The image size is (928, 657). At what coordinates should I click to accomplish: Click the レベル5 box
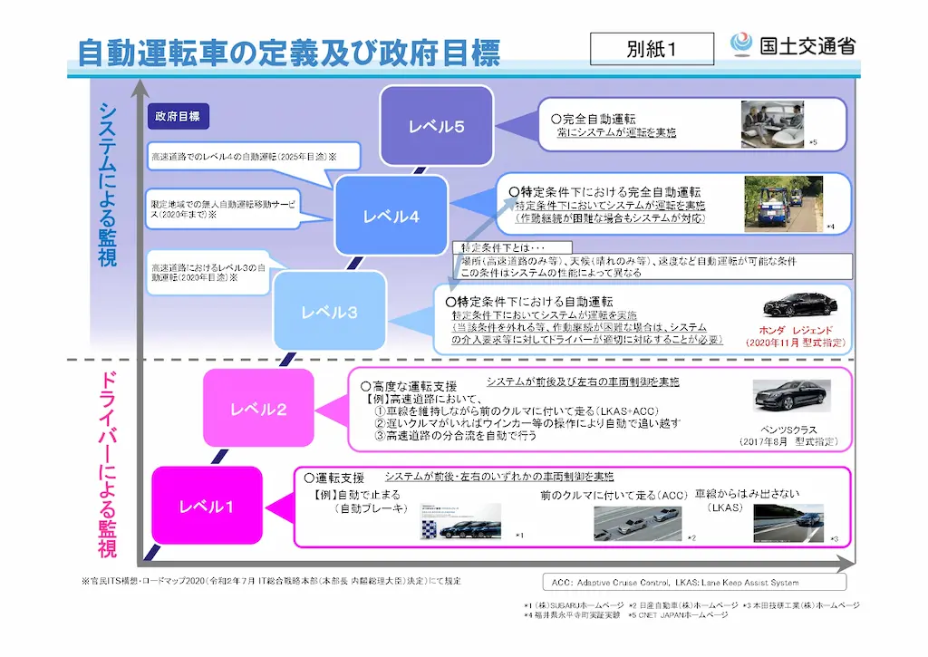(436, 126)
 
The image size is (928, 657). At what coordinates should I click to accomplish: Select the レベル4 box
(391, 216)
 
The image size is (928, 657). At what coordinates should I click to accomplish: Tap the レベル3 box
(329, 312)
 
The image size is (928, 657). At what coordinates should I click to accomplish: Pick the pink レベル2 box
(258, 409)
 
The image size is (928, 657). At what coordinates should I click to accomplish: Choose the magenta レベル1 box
(206, 506)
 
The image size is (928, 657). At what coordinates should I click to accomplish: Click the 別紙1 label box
(651, 49)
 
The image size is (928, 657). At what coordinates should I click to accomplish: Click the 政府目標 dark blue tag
(178, 116)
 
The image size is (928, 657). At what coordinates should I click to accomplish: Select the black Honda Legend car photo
(794, 304)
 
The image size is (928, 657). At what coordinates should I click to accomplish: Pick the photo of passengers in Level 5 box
(772, 122)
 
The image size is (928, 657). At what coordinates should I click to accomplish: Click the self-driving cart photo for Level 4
(776, 203)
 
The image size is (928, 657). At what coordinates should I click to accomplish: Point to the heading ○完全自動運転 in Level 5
(594, 119)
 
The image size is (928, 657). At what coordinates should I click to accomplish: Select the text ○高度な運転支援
(409, 386)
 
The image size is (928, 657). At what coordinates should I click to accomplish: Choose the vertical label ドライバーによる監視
(108, 461)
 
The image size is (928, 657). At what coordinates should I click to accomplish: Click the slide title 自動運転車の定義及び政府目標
(288, 52)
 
